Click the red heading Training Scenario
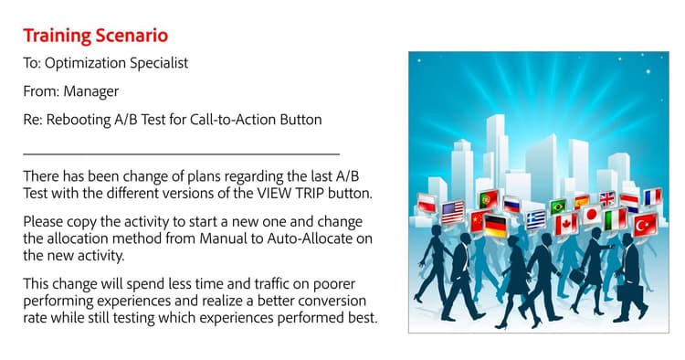point(96,36)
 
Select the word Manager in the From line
point(90,91)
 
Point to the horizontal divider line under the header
point(182,154)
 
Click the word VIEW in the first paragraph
point(274,193)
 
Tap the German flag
point(495,226)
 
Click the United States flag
point(453,213)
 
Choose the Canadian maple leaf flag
point(566,225)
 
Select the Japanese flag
point(592,215)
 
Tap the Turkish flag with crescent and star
point(645,225)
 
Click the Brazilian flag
point(558,206)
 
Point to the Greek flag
point(535,220)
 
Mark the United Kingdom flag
point(607,199)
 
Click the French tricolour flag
point(653,197)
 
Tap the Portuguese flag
point(488,200)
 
